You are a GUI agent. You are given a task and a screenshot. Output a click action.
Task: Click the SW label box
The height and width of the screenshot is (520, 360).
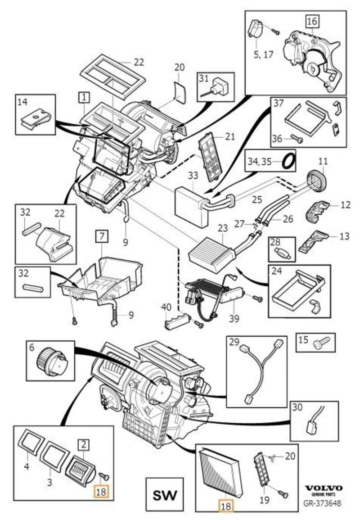pyautogui.click(x=165, y=496)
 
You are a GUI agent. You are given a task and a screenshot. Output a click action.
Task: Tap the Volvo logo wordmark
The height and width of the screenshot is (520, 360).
pyautogui.click(x=324, y=488)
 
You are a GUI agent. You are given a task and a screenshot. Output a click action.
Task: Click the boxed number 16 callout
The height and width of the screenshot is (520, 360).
pyautogui.click(x=312, y=21)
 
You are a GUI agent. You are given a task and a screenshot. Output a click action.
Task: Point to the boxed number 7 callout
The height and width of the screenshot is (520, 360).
pyautogui.click(x=102, y=235)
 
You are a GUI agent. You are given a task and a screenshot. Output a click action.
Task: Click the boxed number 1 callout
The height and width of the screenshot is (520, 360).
pyautogui.click(x=84, y=96)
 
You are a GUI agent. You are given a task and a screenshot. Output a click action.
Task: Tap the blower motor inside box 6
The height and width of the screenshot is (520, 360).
pyautogui.click(x=52, y=361)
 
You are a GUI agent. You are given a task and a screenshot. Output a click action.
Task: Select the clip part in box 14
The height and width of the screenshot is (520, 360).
pyautogui.click(x=36, y=118)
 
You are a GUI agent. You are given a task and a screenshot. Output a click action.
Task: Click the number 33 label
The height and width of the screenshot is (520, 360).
pyautogui.click(x=193, y=174)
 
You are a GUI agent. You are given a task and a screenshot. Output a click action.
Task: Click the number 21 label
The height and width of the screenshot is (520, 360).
pyautogui.click(x=229, y=136)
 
